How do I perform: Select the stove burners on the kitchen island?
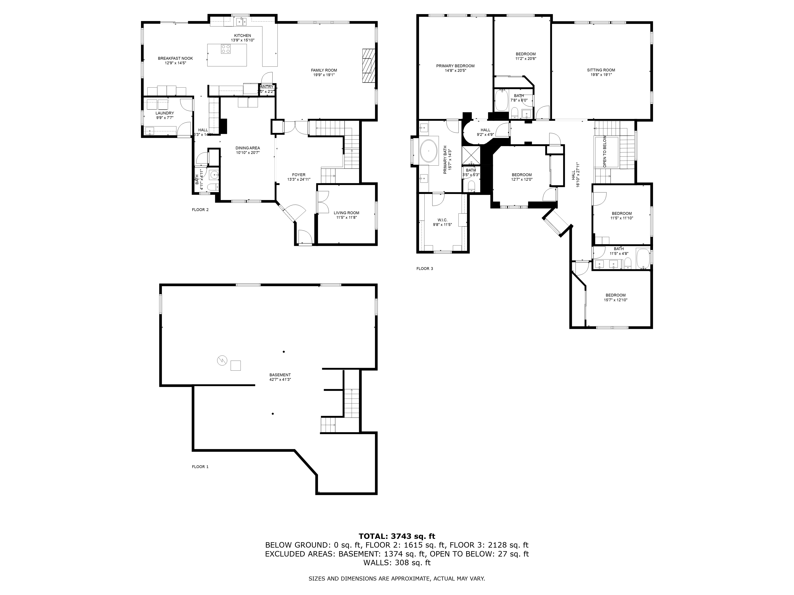(226, 49)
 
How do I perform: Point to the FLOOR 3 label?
(425, 269)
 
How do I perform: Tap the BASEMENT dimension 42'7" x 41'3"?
(280, 379)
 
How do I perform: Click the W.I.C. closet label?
(442, 220)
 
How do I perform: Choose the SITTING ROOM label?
(601, 70)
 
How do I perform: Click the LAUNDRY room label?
(165, 113)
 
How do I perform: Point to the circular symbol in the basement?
(222, 360)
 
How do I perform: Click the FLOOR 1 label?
(200, 467)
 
